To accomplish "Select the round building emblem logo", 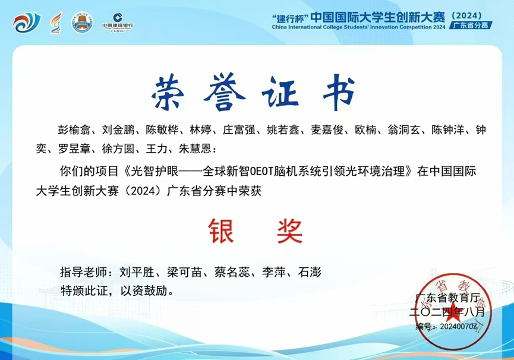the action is [82, 22].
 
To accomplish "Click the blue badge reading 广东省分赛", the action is [471, 25].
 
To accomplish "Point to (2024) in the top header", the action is [466, 15].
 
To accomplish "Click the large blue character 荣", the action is [168, 91].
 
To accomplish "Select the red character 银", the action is [221, 231].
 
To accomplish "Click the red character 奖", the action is [289, 231].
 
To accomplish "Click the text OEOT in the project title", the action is [261, 171].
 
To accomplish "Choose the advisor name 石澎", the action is [310, 272].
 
